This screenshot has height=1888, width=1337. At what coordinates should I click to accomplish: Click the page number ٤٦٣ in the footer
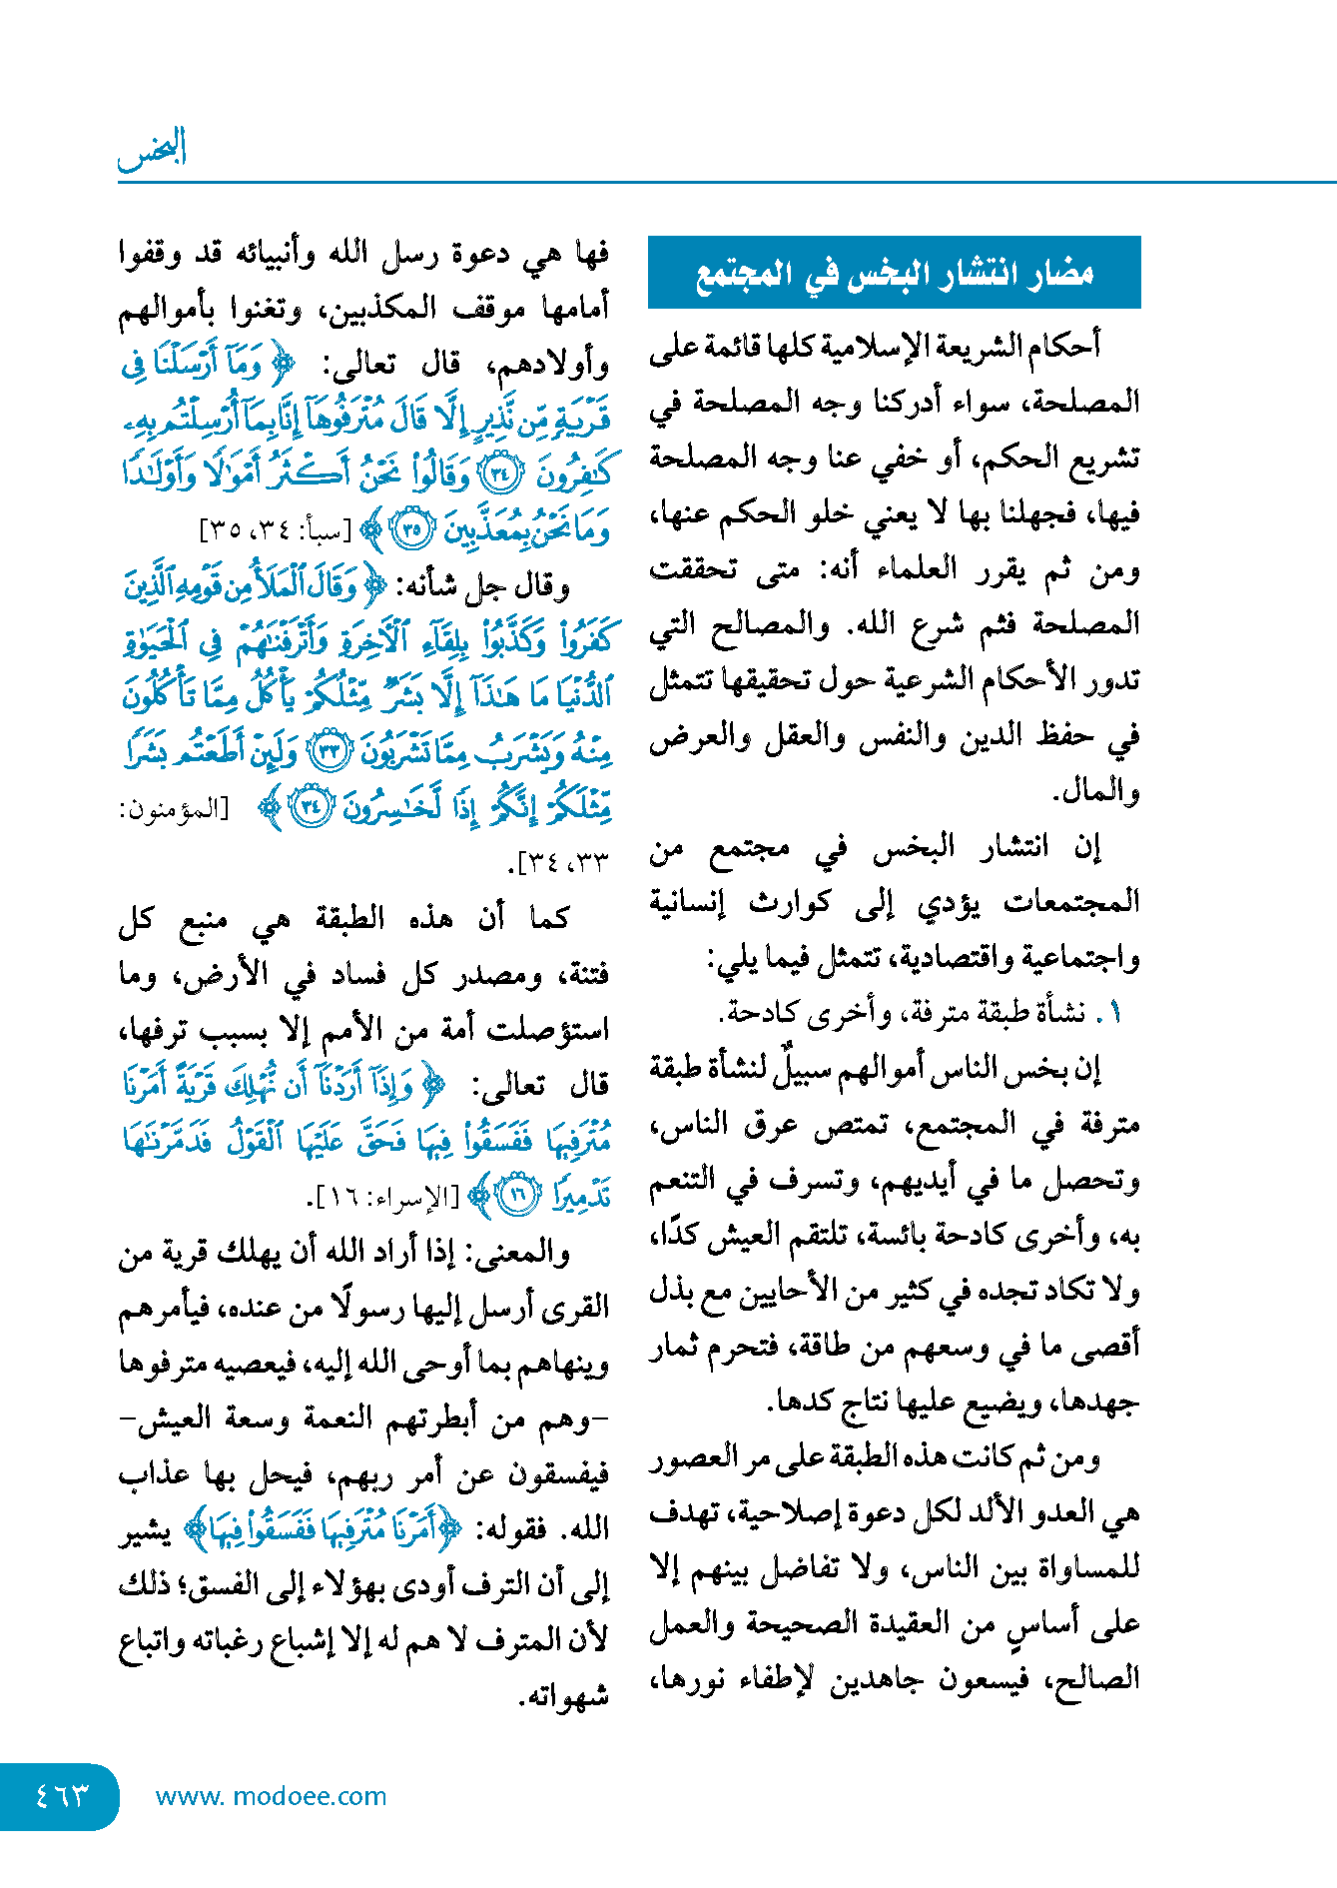tap(62, 1795)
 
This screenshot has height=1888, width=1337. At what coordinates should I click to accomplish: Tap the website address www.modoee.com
tap(271, 1796)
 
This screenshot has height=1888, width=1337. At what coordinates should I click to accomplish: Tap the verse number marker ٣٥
tap(410, 529)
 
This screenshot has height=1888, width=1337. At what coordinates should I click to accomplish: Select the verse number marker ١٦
tap(517, 1195)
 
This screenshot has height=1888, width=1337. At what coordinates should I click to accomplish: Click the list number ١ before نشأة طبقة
tap(1116, 1013)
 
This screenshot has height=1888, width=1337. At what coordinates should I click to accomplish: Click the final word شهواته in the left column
tap(564, 1695)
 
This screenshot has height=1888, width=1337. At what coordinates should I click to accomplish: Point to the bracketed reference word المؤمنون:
tap(173, 808)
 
